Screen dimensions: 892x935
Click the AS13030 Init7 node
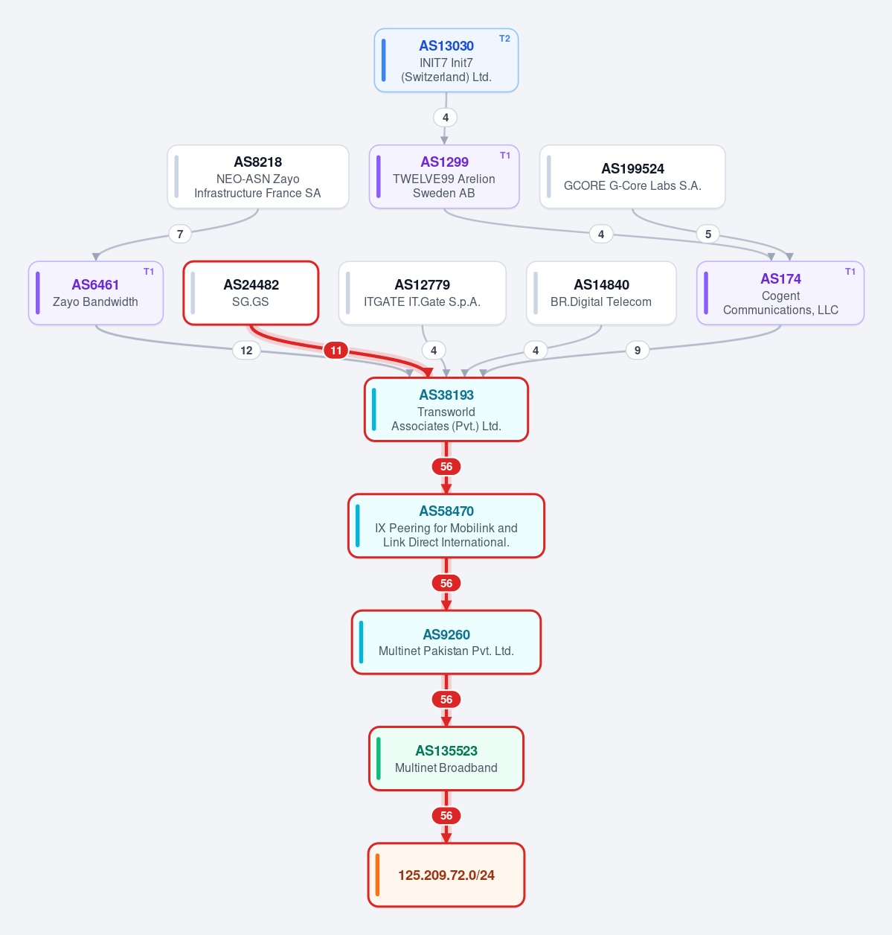coord(446,60)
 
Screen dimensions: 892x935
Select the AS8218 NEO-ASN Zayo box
coord(257,177)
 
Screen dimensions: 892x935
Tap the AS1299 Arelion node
coord(444,177)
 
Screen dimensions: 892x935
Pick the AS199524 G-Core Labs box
coord(632,177)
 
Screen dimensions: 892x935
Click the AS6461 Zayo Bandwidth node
coord(95,293)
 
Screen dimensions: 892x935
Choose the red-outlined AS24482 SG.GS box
coord(251,293)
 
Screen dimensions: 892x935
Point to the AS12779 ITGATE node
coord(423,293)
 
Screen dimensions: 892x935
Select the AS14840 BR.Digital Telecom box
coord(601,293)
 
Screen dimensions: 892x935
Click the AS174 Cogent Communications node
coord(780,293)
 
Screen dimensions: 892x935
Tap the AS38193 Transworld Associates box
coord(446,409)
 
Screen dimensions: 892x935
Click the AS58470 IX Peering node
coord(446,526)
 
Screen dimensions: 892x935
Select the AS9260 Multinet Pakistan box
coord(446,642)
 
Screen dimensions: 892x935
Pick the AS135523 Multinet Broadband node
coord(446,759)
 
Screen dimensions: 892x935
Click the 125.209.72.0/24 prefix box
coord(446,875)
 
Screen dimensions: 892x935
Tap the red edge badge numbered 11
coord(336,351)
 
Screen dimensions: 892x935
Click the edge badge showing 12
coord(246,351)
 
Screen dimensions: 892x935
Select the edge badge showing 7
coord(180,234)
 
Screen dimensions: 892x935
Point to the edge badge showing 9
coord(637,351)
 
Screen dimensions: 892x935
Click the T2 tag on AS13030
coord(504,39)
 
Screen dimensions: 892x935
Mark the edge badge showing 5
coord(708,234)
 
